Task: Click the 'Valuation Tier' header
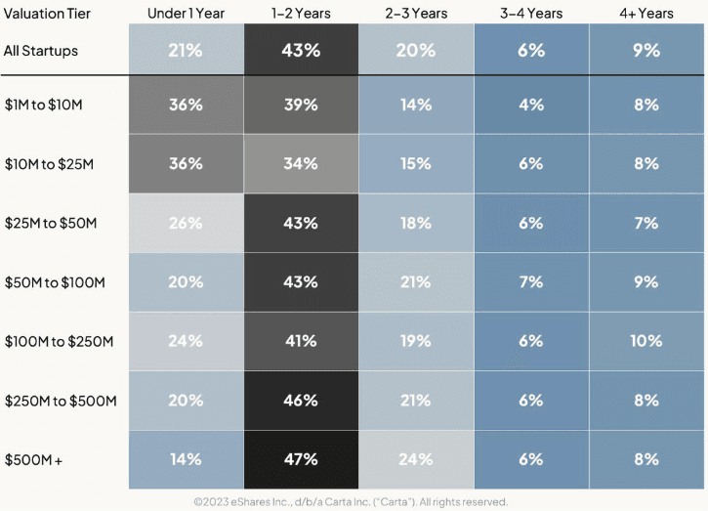(47, 14)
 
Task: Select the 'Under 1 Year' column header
(186, 14)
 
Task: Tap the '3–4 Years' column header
(531, 14)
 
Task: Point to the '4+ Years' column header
(646, 14)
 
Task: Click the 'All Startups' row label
(41, 51)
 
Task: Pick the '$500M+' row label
(33, 460)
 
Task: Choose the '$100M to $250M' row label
(60, 342)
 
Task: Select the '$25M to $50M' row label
(51, 223)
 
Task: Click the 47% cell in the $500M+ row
(301, 460)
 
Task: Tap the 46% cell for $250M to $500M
(301, 401)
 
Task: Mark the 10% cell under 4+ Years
(646, 342)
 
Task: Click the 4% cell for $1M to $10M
(531, 105)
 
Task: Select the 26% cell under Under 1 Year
(186, 223)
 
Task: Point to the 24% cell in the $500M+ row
(416, 460)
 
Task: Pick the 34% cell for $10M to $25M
(301, 163)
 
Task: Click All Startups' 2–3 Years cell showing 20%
(416, 50)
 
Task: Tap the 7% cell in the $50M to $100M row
(531, 282)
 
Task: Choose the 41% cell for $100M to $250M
(301, 342)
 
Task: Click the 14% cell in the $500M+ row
(186, 460)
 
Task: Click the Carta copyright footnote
(351, 502)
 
